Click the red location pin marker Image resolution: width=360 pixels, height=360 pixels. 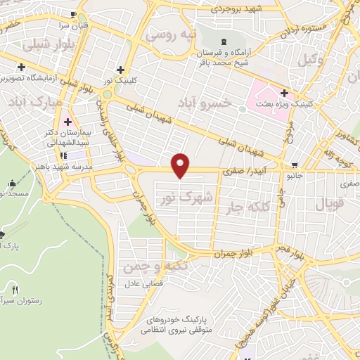[181, 165]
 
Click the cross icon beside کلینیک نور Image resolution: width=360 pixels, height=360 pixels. [122, 70]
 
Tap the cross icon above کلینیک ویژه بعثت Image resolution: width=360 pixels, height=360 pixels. [284, 92]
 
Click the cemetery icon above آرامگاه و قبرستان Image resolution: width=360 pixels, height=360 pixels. [224, 41]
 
